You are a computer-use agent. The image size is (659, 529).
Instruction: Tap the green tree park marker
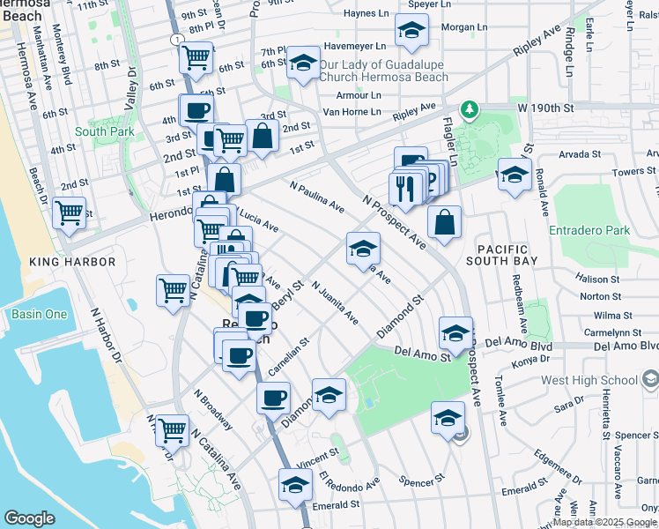click(471, 108)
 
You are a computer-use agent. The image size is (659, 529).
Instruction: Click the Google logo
click(29, 518)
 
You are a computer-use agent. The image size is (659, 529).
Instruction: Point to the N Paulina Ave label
click(317, 197)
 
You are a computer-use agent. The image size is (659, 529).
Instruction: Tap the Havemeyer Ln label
click(355, 46)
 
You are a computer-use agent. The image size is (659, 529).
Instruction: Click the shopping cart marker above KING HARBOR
click(69, 212)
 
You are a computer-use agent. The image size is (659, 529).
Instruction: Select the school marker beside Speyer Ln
click(411, 32)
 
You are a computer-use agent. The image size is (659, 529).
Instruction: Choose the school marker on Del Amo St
click(455, 333)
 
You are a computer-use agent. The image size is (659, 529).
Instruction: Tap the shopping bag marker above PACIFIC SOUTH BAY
click(446, 223)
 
